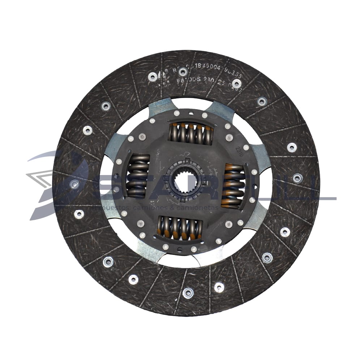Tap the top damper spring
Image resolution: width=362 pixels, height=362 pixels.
[191, 133]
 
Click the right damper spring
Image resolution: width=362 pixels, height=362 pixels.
[233, 186]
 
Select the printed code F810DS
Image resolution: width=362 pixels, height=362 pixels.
[189, 83]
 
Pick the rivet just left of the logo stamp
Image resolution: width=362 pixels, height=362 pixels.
[153, 77]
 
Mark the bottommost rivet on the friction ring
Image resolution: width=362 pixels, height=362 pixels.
[188, 293]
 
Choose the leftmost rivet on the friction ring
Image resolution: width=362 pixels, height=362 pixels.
[74, 184]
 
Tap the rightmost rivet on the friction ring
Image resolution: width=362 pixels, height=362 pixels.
[297, 178]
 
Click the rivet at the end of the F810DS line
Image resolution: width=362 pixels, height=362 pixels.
[237, 84]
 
